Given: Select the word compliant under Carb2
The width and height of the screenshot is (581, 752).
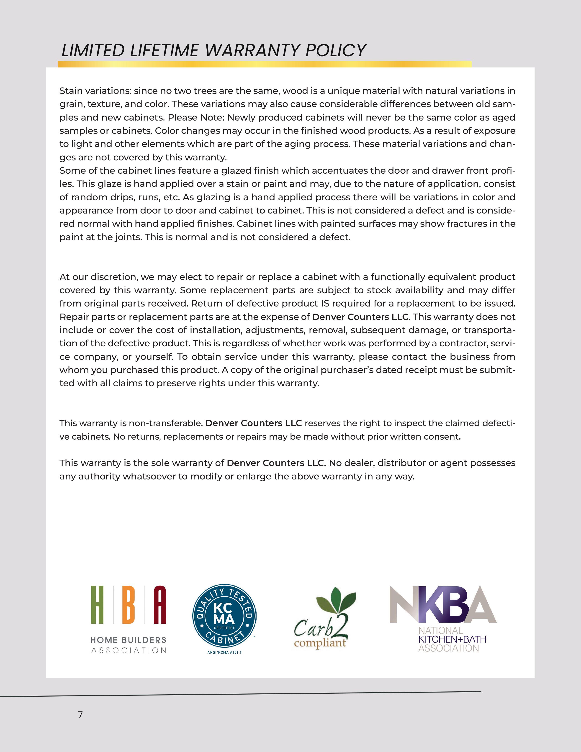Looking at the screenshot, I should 320,643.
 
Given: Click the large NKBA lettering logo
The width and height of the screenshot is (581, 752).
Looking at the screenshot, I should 443,605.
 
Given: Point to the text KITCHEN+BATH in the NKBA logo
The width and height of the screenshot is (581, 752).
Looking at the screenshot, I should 452,639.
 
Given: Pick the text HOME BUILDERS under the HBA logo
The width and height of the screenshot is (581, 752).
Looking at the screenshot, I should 128,640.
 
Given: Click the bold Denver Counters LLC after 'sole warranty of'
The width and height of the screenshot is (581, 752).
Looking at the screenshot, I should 275,463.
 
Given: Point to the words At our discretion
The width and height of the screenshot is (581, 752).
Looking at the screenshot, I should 98,277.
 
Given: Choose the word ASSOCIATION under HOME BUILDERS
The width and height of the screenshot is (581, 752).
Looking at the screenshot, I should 128,650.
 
